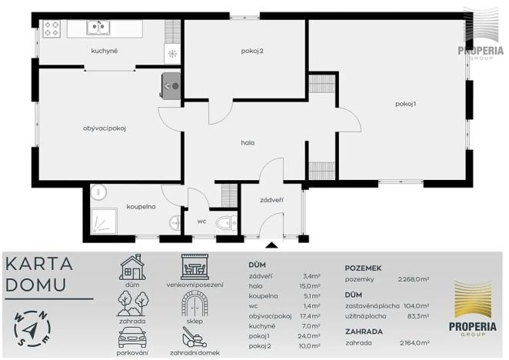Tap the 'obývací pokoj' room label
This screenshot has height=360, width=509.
[104, 128]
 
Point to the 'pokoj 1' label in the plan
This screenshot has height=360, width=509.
[405, 104]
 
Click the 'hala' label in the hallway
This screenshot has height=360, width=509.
[248, 142]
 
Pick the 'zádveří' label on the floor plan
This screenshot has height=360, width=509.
[271, 200]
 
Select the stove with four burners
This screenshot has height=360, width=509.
[52, 28]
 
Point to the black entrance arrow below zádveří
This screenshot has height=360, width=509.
[271, 245]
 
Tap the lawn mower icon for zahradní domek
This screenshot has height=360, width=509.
[195, 339]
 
